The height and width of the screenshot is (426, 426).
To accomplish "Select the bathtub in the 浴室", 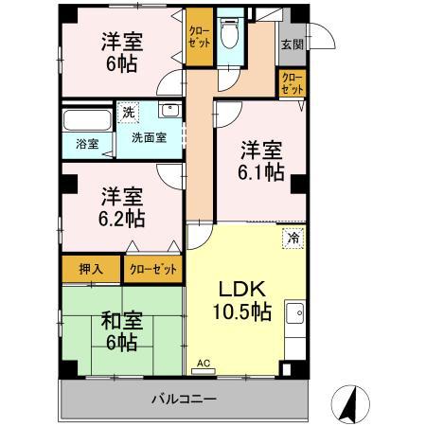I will (84, 123).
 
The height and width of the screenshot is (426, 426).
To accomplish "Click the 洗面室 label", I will (149, 137).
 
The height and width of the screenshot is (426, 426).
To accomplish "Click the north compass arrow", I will (349, 401).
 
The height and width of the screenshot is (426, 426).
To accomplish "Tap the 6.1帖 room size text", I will (260, 172).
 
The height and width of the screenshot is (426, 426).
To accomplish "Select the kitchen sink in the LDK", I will (295, 312).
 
